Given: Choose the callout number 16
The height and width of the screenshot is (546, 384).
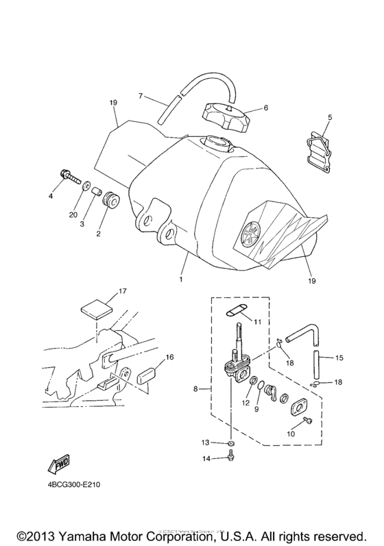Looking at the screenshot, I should tap(169, 358).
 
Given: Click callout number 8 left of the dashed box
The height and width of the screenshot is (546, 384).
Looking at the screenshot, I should tap(196, 388).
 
